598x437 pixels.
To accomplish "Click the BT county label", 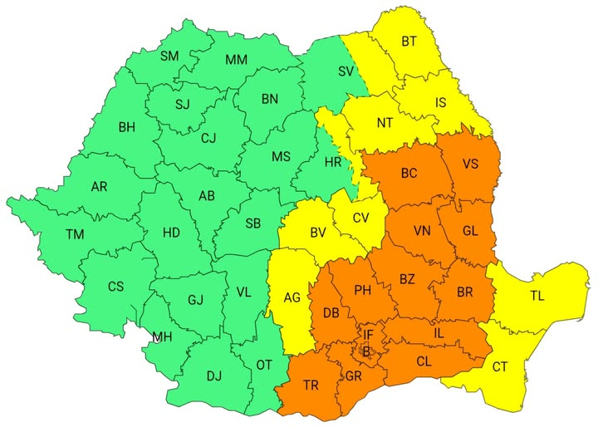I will [x=409, y=41].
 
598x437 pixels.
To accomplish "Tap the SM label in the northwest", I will [x=169, y=56].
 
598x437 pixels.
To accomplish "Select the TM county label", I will [x=76, y=235].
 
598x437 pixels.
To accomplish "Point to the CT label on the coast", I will [x=500, y=366].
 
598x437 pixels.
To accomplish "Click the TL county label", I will [x=537, y=295].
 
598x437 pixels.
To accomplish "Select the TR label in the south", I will [x=311, y=385].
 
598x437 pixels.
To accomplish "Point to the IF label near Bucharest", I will [x=369, y=335].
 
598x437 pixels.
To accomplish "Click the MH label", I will [x=162, y=337].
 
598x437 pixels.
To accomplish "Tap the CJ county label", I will [x=208, y=139].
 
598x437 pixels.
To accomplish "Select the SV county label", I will [x=346, y=71].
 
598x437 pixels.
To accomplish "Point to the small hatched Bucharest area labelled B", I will [x=366, y=351].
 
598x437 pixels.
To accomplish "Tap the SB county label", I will [x=253, y=223].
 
